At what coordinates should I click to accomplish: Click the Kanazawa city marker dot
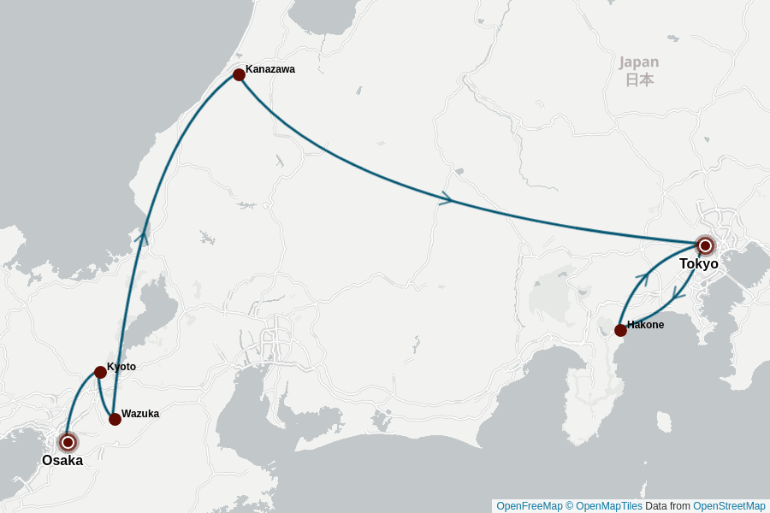pyautogui.click(x=239, y=75)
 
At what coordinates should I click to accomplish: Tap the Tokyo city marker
pyautogui.click(x=705, y=246)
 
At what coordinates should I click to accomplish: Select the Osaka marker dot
pyautogui.click(x=68, y=442)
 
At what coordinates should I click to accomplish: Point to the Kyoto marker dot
pyautogui.click(x=100, y=372)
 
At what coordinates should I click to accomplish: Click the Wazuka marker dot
pyautogui.click(x=115, y=419)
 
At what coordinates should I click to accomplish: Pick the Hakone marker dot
pyautogui.click(x=620, y=330)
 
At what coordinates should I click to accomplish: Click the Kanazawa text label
pyautogui.click(x=270, y=69)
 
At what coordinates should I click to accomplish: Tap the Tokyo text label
pyautogui.click(x=699, y=264)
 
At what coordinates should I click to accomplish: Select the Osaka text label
pyautogui.click(x=62, y=461)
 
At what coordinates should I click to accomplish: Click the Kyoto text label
pyautogui.click(x=121, y=367)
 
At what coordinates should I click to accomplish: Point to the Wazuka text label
pyautogui.click(x=140, y=414)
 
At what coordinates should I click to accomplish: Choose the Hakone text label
pyautogui.click(x=646, y=325)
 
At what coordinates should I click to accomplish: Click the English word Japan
pyautogui.click(x=639, y=62)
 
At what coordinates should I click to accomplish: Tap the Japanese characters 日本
pyautogui.click(x=639, y=80)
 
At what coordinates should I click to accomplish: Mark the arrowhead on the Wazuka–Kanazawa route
pyautogui.click(x=144, y=233)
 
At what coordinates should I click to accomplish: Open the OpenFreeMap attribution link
pyautogui.click(x=530, y=506)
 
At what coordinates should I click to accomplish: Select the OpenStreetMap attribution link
pyautogui.click(x=729, y=506)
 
